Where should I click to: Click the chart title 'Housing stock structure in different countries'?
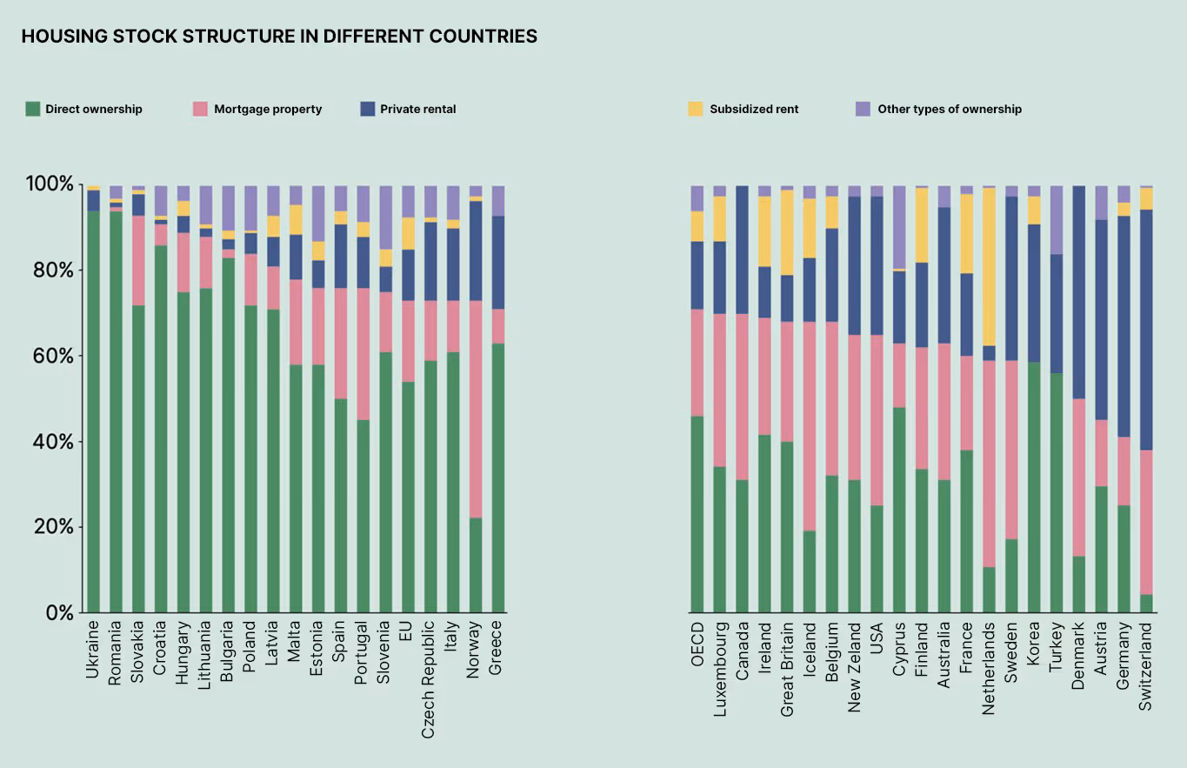point(278,36)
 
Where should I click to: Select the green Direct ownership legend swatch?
point(33,109)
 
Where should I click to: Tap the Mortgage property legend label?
point(268,110)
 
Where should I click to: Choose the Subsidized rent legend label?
point(754,110)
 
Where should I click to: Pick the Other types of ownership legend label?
point(950,110)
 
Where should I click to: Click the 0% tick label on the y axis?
point(58,612)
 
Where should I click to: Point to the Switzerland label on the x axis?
point(1145,665)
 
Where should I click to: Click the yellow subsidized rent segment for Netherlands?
point(988,266)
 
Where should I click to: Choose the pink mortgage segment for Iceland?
point(810,426)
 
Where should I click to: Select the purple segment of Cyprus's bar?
point(899,226)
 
